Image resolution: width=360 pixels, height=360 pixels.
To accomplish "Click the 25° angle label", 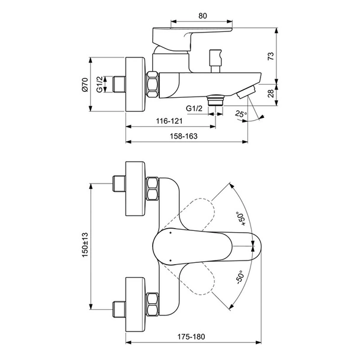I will pos(240,114).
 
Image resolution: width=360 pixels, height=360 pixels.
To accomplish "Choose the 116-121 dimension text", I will pos(169,121).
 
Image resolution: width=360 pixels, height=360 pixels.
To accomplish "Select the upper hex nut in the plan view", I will pos(152,189).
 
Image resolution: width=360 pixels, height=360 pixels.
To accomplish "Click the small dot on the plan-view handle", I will pos(170,233).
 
